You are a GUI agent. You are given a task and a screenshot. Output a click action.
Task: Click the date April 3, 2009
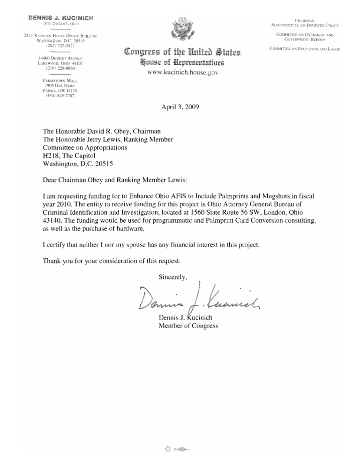click(180, 106)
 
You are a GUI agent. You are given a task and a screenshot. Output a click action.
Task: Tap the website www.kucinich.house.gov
click(180, 73)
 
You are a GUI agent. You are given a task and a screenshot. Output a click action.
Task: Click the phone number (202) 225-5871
click(58, 47)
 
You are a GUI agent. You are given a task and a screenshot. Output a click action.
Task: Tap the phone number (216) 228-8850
click(58, 68)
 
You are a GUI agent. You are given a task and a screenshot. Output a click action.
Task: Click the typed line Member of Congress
click(188, 326)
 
